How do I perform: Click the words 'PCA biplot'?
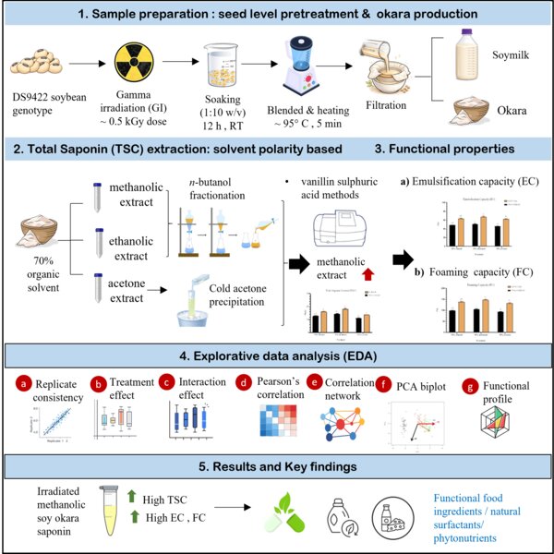pyautogui.click(x=405, y=381)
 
